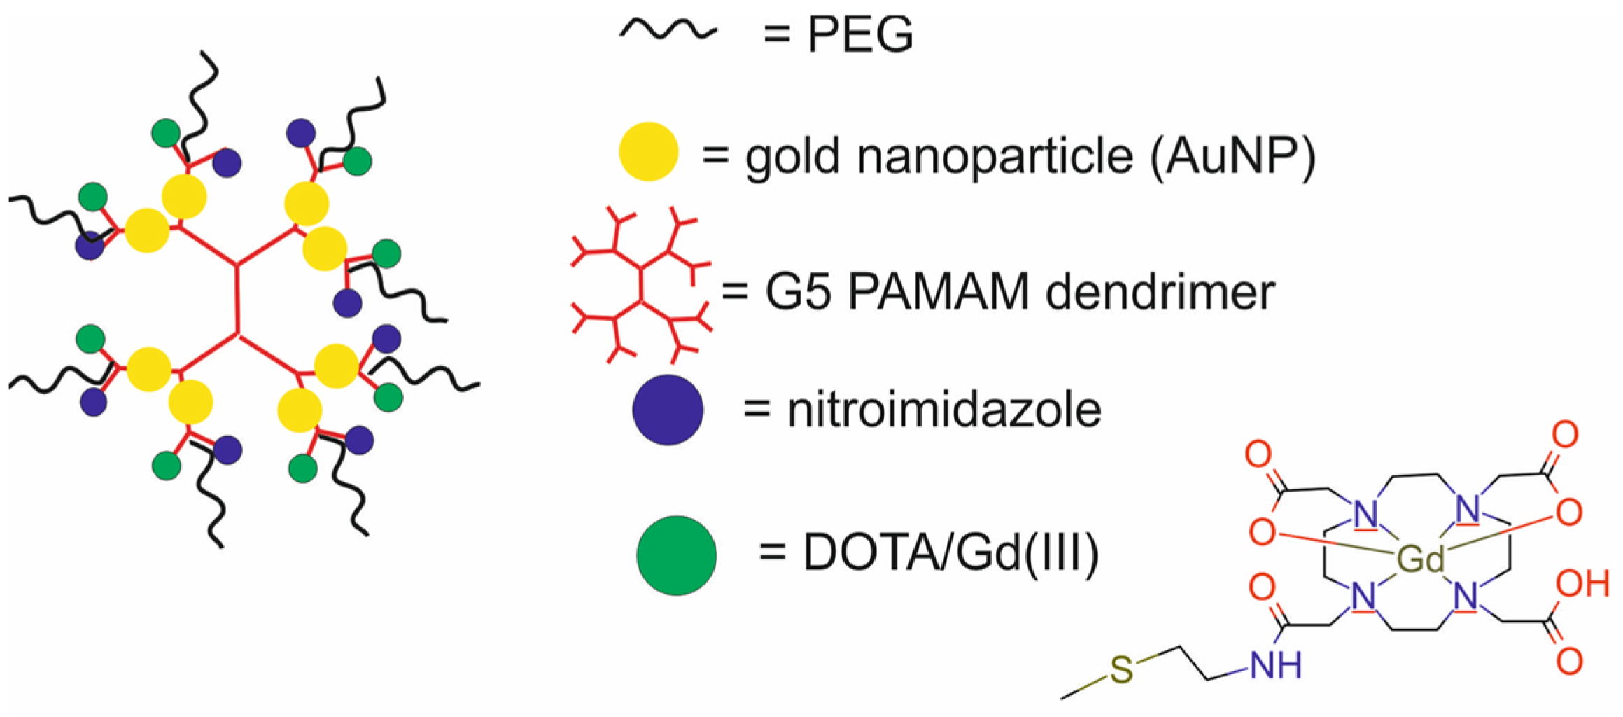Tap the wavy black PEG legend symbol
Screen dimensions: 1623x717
(x=668, y=30)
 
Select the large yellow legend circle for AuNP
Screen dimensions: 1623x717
(x=649, y=151)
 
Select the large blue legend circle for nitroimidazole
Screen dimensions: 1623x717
(x=668, y=410)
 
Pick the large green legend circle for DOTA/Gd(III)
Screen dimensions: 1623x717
(x=676, y=555)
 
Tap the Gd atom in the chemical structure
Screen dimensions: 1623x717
(x=1420, y=559)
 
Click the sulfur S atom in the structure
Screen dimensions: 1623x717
(x=1120, y=670)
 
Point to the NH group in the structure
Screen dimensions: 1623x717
(x=1275, y=664)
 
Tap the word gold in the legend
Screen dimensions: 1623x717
(x=792, y=157)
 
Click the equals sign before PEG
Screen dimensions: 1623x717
(x=776, y=34)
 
